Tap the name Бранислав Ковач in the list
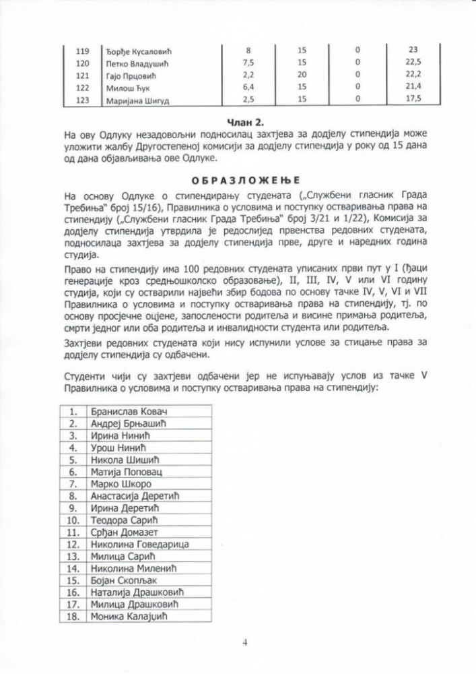tap(128, 411)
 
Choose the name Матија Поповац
tap(125, 472)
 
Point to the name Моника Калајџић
tap(128, 616)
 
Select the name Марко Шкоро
tap(121, 484)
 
